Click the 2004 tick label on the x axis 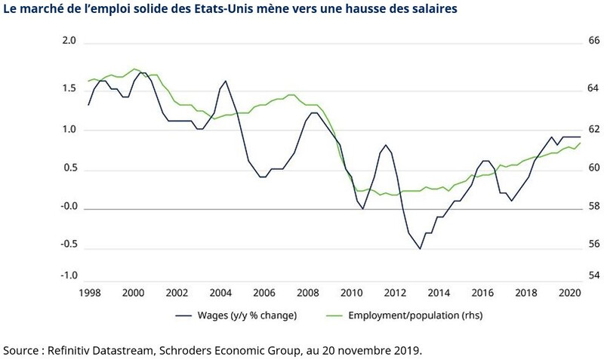(x=220, y=293)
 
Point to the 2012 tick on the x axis (x=395, y=293)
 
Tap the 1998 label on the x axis (x=89, y=293)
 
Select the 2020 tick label (x=569, y=293)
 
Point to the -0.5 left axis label (x=69, y=244)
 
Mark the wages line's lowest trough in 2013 (x=420, y=248)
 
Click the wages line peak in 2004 (x=225, y=81)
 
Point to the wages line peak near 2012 (x=386, y=145)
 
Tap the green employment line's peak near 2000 (x=134, y=69)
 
